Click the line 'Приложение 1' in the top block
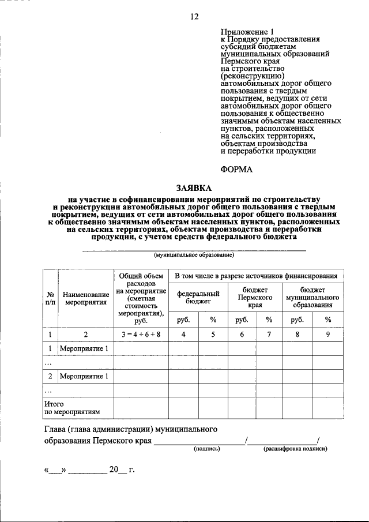tap(244, 32)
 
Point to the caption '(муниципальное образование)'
tap(193, 254)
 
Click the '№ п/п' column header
tap(50, 298)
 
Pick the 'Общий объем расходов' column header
tap(141, 298)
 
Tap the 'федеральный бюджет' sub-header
tap(198, 297)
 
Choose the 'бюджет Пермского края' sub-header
tap(255, 297)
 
